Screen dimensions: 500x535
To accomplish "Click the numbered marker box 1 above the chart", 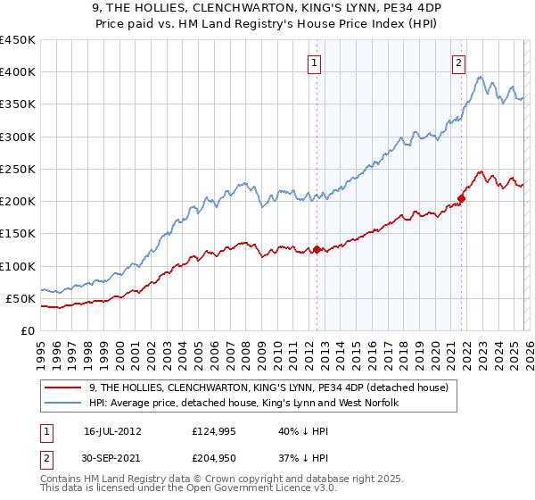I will coord(316,62).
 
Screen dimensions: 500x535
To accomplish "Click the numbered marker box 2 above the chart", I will coord(458,62).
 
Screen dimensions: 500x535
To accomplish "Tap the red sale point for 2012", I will coord(317,249).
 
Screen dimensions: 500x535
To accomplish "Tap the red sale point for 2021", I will coord(462,198).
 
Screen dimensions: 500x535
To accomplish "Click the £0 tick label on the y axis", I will coord(27,330).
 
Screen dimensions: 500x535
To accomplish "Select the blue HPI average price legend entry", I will coord(241,404).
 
